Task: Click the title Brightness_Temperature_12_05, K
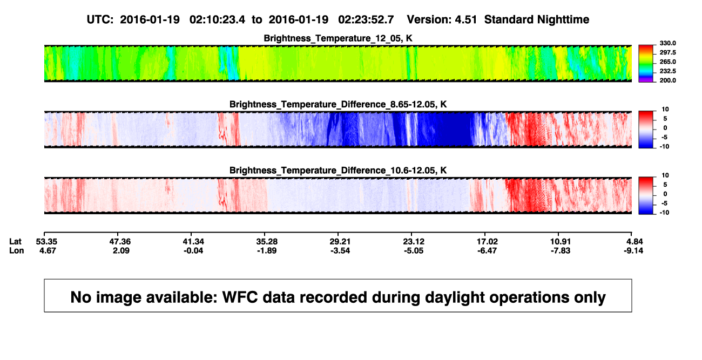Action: (x=338, y=38)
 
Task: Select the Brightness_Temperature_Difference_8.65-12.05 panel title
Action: (x=338, y=104)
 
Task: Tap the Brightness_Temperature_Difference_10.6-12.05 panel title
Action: (x=338, y=171)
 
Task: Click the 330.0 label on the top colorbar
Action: (x=667, y=43)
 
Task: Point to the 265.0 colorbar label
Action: (x=667, y=62)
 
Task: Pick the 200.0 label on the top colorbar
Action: (x=667, y=80)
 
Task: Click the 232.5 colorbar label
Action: (x=667, y=71)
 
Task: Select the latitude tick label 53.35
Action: (x=46, y=242)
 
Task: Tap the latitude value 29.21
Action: (x=340, y=242)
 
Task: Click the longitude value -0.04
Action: (x=193, y=250)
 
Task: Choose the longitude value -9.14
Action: (x=633, y=250)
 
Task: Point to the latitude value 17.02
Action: (x=487, y=242)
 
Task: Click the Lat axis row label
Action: (x=15, y=242)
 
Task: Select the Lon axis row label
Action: (x=16, y=250)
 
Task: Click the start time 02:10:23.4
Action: (x=217, y=20)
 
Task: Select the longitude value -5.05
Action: (x=414, y=250)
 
